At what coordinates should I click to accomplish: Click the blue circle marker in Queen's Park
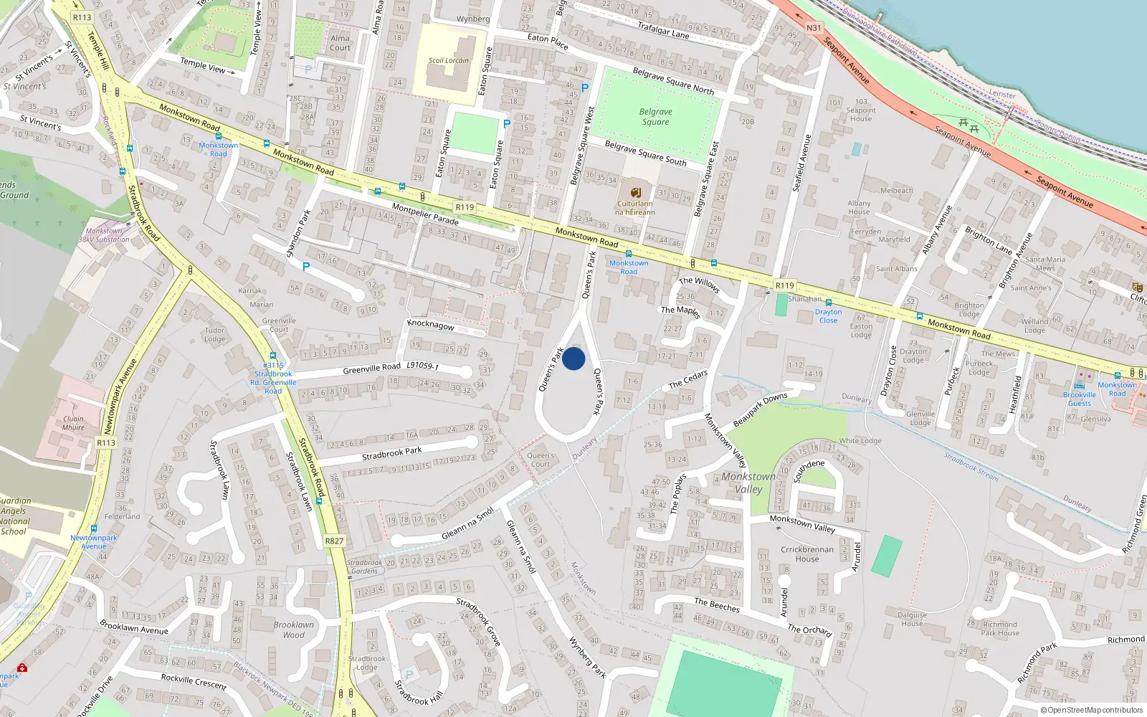click(573, 358)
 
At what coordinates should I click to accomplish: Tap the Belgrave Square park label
click(655, 117)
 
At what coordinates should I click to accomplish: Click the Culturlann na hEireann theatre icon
click(635, 192)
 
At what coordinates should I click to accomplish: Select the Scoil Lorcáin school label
click(449, 60)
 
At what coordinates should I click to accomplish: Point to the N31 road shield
click(814, 28)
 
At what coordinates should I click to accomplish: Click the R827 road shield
click(334, 541)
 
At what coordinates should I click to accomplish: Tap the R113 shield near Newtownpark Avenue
click(106, 442)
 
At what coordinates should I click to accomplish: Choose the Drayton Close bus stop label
click(828, 316)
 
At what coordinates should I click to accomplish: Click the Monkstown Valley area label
click(748, 483)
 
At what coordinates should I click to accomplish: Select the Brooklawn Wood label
click(293, 630)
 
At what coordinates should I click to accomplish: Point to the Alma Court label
click(341, 43)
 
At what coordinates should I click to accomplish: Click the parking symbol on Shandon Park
click(306, 267)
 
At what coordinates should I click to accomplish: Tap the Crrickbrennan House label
click(807, 554)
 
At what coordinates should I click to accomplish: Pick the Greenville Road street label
click(371, 369)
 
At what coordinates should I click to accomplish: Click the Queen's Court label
click(541, 460)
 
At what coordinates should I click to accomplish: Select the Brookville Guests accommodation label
click(1080, 399)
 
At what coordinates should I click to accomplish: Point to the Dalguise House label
click(912, 619)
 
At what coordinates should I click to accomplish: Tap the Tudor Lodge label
click(214, 335)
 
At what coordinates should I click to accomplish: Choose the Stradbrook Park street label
click(391, 453)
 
